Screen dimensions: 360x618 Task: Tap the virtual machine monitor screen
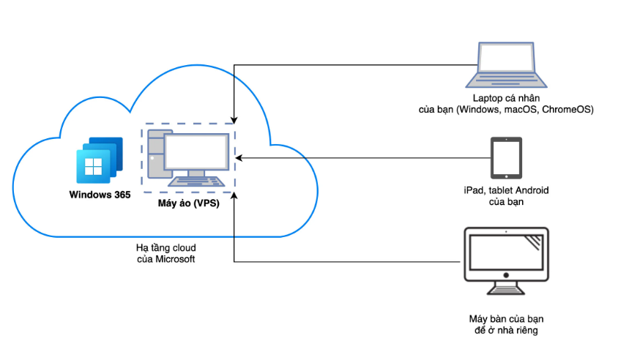point(196,152)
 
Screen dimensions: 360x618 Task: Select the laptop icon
point(507,65)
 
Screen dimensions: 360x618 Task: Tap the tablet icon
point(507,157)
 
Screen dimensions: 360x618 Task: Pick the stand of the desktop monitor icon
point(506,287)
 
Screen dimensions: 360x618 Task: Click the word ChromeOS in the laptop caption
point(567,110)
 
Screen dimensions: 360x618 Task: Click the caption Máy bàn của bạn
point(506,320)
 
